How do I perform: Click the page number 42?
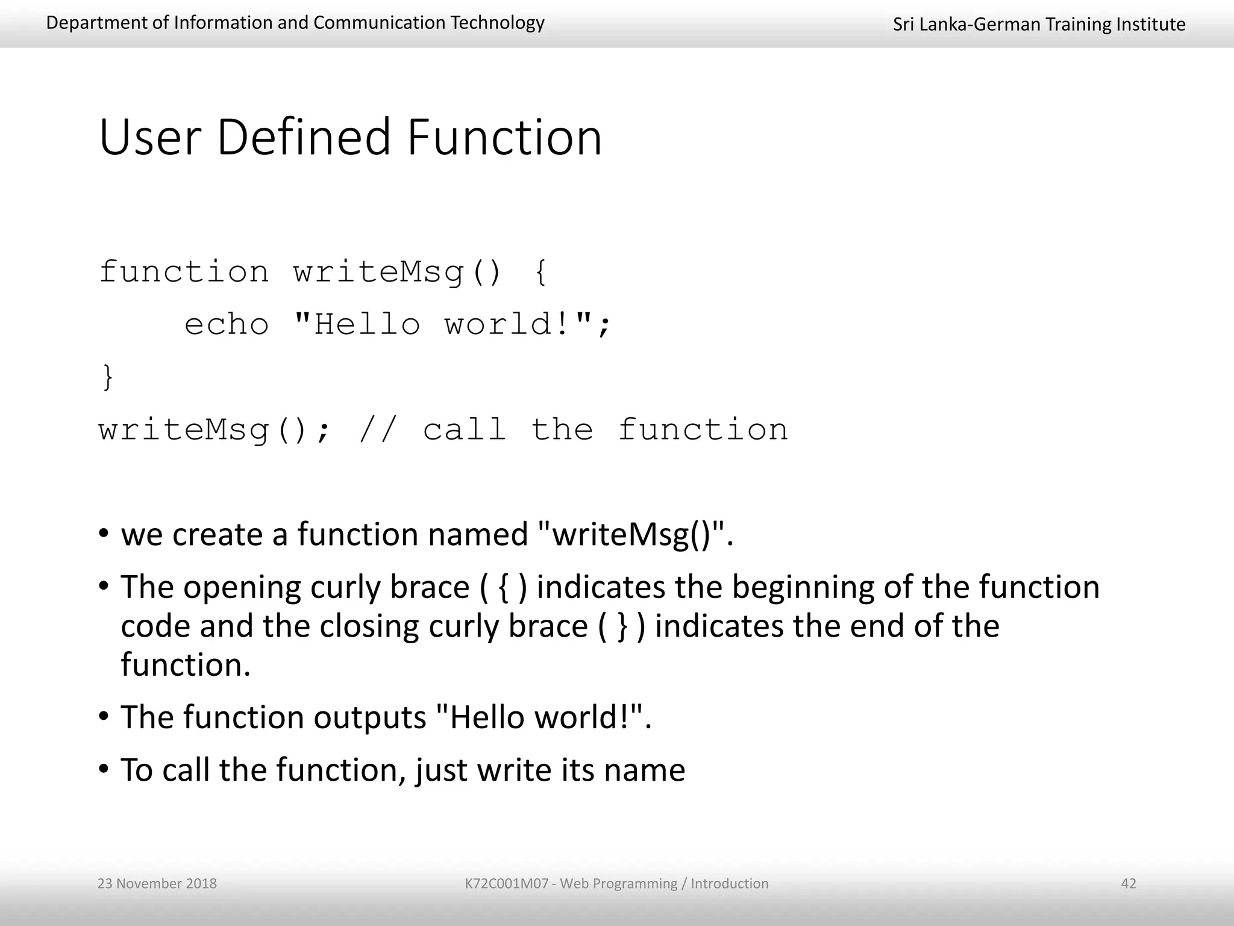click(1128, 884)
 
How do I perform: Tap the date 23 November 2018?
click(157, 884)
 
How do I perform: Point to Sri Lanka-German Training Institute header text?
click(1039, 24)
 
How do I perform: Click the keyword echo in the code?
click(227, 325)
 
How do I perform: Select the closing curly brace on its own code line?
click(108, 377)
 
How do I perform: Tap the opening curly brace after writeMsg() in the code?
click(540, 272)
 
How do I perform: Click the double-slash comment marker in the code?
click(378, 430)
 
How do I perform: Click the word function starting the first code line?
click(184, 272)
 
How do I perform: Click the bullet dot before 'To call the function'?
click(104, 769)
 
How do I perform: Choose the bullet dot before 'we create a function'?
click(104, 534)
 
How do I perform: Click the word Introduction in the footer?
click(729, 884)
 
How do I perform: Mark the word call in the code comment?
click(464, 430)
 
